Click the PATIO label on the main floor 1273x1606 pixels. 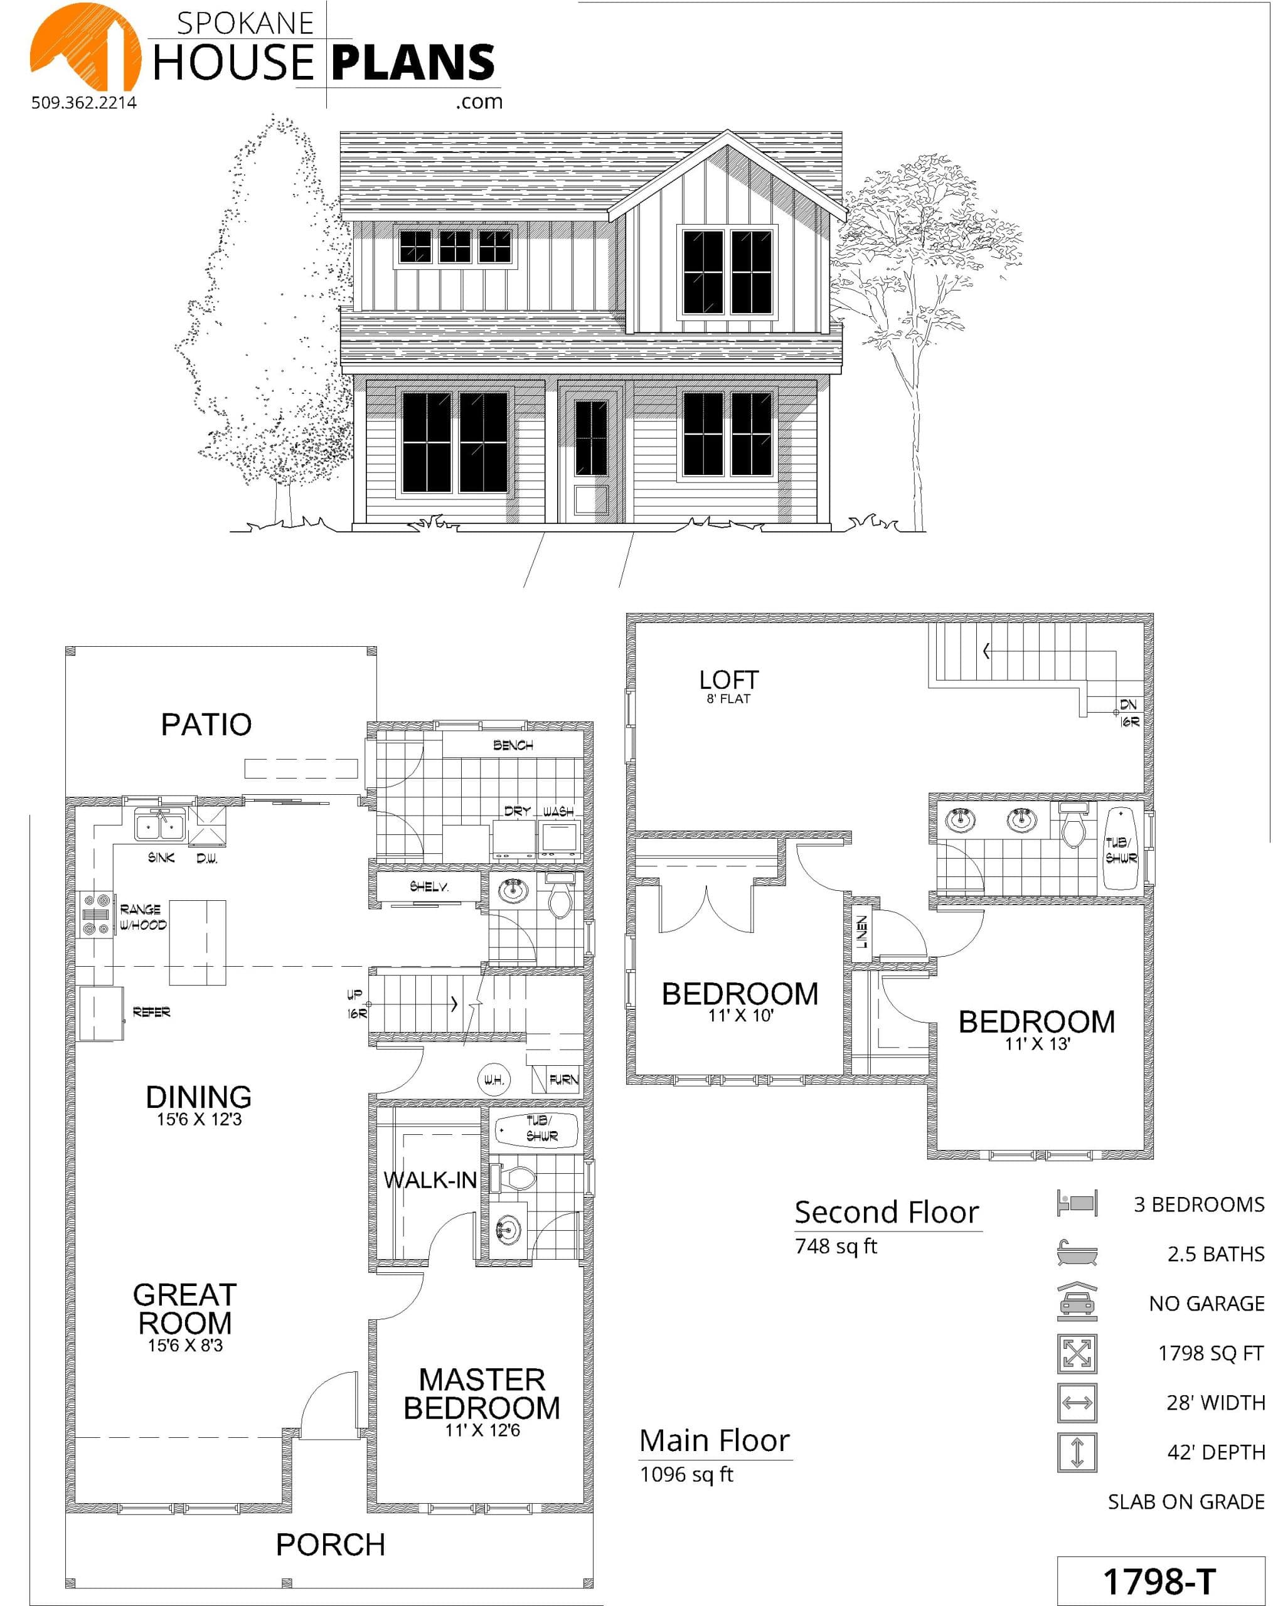pyautogui.click(x=206, y=724)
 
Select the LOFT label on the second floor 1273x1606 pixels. pyautogui.click(x=728, y=679)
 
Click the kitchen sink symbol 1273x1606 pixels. pyautogui.click(x=159, y=826)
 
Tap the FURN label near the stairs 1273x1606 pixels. pyautogui.click(x=563, y=1080)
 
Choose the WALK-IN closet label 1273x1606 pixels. pyautogui.click(x=430, y=1180)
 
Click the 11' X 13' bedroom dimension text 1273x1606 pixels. pyautogui.click(x=1037, y=1045)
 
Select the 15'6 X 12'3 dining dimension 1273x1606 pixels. pyautogui.click(x=199, y=1120)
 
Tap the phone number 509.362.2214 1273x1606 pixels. pyautogui.click(x=84, y=103)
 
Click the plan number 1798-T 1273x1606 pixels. pyautogui.click(x=1159, y=1582)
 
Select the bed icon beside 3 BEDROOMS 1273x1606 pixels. pyautogui.click(x=1077, y=1203)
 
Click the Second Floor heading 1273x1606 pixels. pyautogui.click(x=887, y=1213)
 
